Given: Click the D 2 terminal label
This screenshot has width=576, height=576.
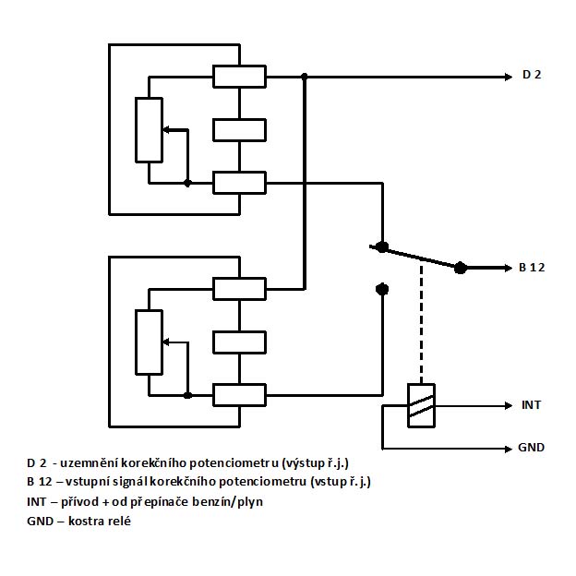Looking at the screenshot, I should click(531, 75).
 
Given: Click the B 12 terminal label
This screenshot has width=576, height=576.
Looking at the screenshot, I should click(534, 268).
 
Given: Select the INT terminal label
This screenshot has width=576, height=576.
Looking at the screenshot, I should click(531, 404).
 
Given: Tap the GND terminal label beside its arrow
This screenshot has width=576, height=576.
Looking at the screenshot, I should click(532, 448).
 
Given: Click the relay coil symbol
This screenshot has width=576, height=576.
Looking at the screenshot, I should click(421, 404).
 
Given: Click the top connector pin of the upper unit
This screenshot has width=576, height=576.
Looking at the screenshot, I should click(240, 76).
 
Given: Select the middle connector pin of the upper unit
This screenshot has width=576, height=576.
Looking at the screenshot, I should click(240, 129).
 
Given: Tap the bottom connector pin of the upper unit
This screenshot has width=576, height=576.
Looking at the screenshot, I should click(240, 183).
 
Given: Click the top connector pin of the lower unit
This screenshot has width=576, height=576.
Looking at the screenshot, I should click(240, 288).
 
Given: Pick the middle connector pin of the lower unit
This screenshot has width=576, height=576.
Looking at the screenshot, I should click(240, 342).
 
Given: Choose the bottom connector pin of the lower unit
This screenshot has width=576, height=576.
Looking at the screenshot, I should click(240, 395).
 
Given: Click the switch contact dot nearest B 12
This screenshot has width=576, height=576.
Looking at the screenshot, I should click(461, 268).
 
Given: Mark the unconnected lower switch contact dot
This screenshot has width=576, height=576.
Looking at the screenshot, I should click(382, 289).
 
